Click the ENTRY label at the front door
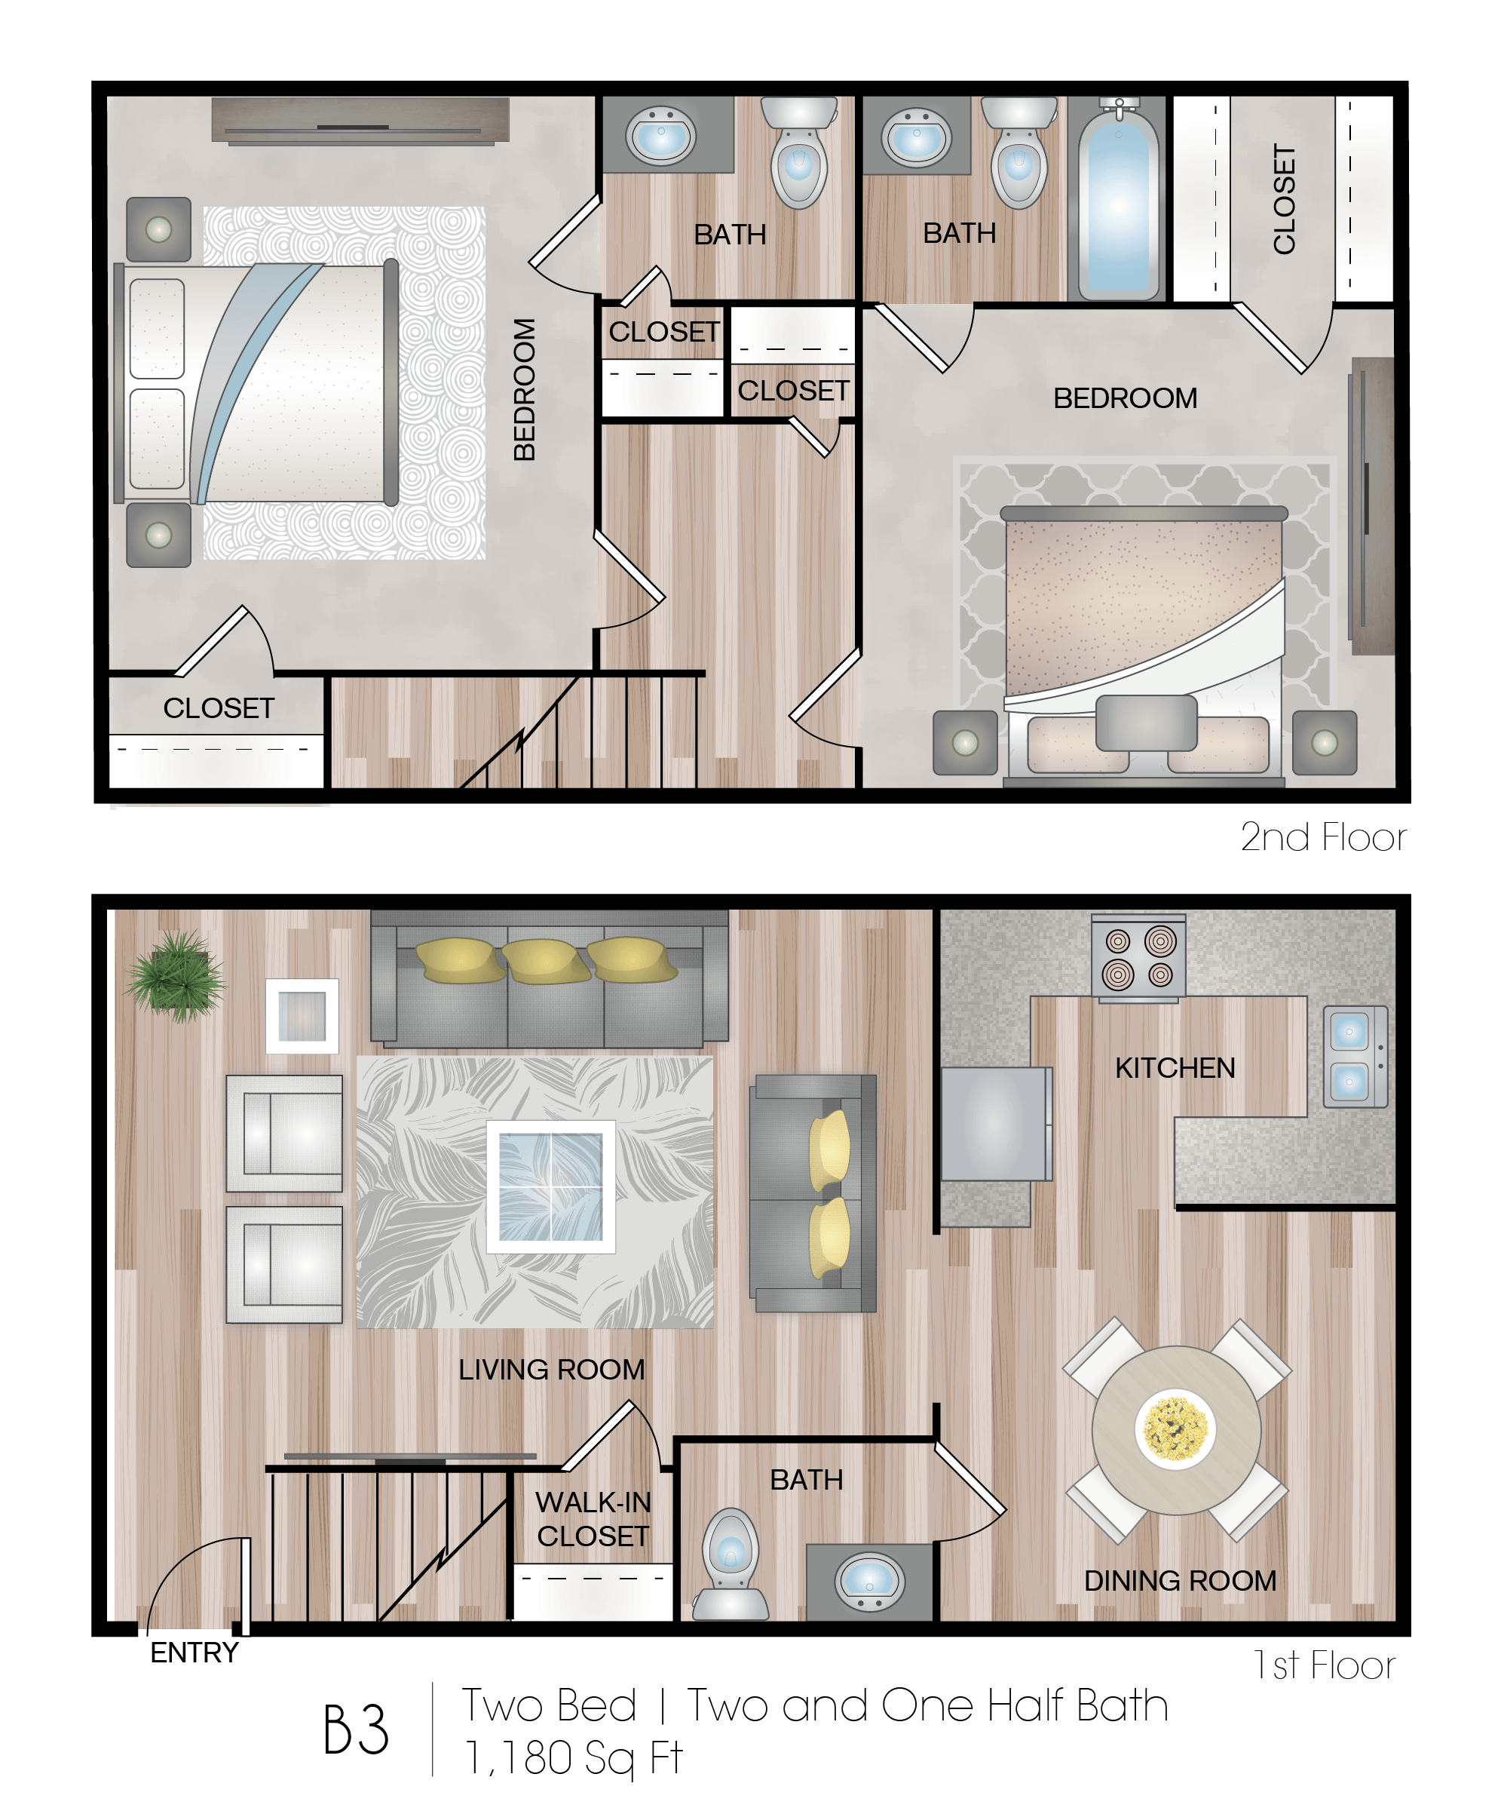pos(194,1652)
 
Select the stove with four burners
pos(1138,958)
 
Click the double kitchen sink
pos(1355,1056)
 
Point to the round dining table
pos(1175,1429)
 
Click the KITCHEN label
pos(1175,1068)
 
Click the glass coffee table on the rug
pos(550,1186)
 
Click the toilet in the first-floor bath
pos(731,1565)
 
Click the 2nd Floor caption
pos(1322,837)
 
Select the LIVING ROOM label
pos(551,1369)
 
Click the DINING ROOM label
pos(1180,1580)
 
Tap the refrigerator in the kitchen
pos(995,1123)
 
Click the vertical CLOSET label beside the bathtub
pos(1284,199)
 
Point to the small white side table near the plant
pos(302,1016)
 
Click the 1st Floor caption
pos(1324,1664)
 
